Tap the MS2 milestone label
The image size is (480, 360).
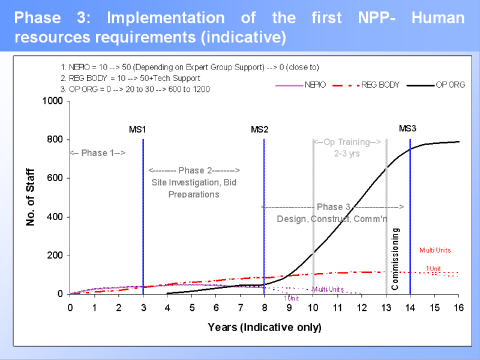[x=259, y=129]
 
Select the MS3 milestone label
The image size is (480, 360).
[x=407, y=128]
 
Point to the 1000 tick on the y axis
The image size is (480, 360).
[x=53, y=101]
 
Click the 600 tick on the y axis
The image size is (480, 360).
[x=55, y=178]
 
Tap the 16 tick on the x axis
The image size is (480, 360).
[x=459, y=308]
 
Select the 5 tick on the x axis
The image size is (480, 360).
[x=192, y=308]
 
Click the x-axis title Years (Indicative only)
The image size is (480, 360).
[x=265, y=328]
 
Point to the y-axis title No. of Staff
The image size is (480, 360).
[x=31, y=197]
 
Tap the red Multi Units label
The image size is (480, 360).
[x=435, y=250]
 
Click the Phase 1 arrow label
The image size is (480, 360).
[x=98, y=153]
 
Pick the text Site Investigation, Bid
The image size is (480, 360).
[x=194, y=182]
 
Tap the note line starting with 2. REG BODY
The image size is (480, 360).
[x=131, y=78]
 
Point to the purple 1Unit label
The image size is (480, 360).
[x=292, y=298]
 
